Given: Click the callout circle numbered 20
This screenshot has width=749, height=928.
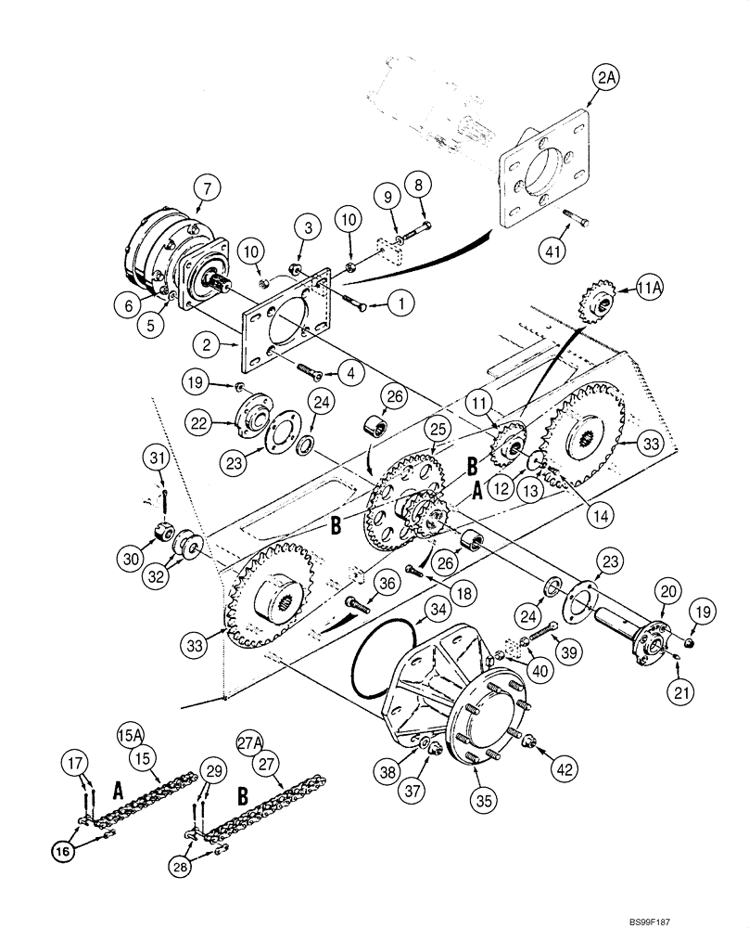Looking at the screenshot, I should click(x=667, y=590).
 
